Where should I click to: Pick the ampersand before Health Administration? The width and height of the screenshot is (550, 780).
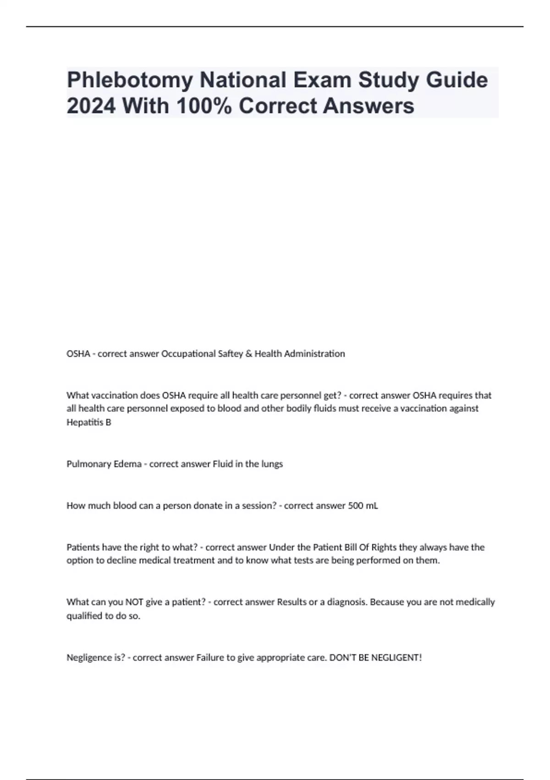248,354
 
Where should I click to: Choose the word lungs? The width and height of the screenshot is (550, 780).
272,464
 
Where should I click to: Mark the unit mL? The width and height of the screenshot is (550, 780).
372,506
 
